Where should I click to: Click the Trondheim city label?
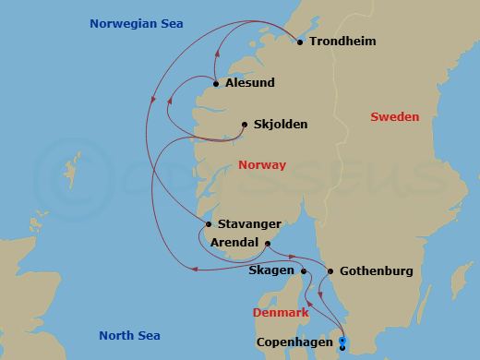[x=342, y=42]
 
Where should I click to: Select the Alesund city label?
[x=249, y=83]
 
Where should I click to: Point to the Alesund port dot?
[x=216, y=84]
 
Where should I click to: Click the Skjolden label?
[x=280, y=125]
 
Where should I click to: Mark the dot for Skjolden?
[x=244, y=125]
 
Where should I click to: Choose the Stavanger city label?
[x=249, y=223]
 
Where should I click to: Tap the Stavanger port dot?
[x=210, y=224]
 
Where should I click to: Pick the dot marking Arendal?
[x=268, y=243]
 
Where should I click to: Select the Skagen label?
[x=270, y=271]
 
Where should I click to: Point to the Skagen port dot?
[x=303, y=271]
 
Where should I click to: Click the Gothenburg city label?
[x=376, y=271]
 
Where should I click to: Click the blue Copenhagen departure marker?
[x=342, y=343]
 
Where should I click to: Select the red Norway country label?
[x=262, y=165]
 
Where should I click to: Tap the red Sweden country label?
[x=394, y=117]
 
